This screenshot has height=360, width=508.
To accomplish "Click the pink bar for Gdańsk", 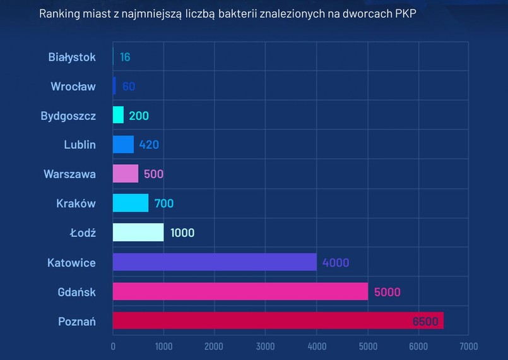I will pos(240,291).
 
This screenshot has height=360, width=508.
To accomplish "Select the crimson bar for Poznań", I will pos(278,320).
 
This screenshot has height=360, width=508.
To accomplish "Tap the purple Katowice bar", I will pos(215,262).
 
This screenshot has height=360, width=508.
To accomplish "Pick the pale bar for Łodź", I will pos(138,232).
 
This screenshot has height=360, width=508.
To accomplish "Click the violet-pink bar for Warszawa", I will pos(126,174).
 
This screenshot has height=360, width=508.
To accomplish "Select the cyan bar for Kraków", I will pos(131,203).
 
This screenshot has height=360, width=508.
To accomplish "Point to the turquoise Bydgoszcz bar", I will pos(118,115).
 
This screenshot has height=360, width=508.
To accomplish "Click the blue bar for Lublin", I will pos(123,145).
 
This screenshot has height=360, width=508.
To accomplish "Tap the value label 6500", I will pos(425,321).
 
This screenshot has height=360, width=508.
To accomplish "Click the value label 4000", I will pos(335,262).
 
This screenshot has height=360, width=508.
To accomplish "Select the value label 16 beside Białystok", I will pos(125,57).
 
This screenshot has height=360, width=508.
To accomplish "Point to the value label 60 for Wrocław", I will pos(129,86).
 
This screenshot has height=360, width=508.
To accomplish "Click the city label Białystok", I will pos(72,57).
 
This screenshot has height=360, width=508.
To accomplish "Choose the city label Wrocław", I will pos(73,86).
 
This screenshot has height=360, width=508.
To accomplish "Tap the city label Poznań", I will pos(76,321).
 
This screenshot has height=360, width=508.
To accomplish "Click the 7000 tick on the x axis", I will pos(468,346).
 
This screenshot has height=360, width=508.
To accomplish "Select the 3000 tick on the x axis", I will pos(265,346).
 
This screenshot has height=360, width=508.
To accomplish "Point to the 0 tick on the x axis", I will pos(113,346).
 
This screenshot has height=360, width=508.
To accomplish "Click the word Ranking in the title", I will pos(59,13).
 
